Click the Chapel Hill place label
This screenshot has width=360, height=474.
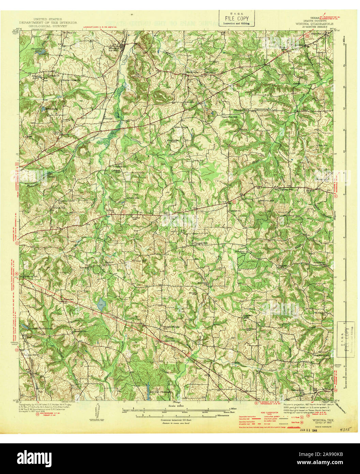coord(200,243)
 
